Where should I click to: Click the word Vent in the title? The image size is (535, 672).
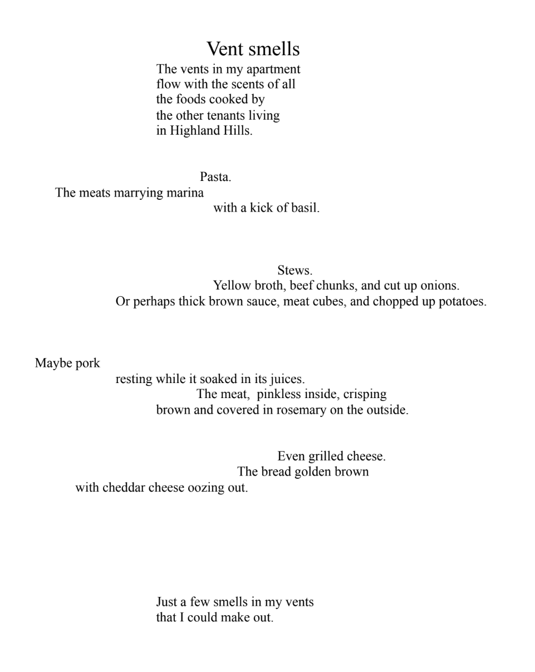(225, 49)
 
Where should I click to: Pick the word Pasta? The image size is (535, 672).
(215, 177)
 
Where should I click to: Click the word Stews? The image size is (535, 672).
(295, 271)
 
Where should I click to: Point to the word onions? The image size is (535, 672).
(440, 286)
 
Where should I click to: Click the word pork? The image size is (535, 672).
(88, 364)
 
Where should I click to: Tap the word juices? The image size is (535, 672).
(287, 379)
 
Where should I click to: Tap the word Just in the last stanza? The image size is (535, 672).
(166, 602)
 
